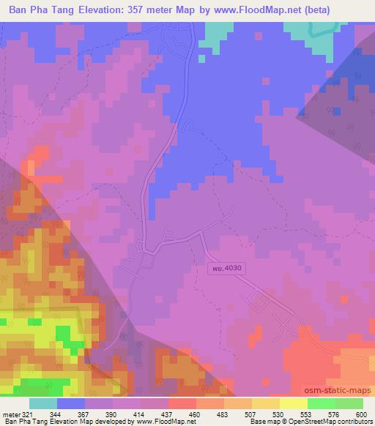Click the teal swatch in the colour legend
tap(43, 403)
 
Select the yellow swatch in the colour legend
tap(293, 403)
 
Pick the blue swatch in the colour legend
tap(71, 403)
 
